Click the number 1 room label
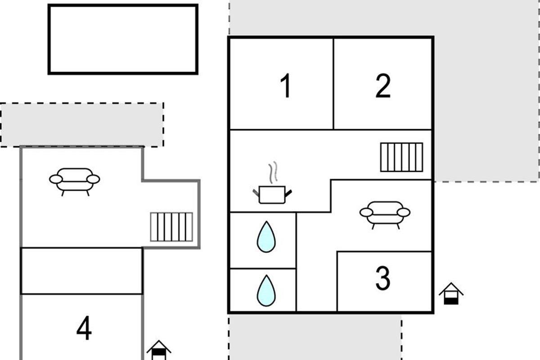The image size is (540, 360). (286, 85)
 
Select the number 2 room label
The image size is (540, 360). (383, 85)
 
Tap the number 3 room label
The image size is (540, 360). (383, 278)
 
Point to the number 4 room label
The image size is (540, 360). (84, 328)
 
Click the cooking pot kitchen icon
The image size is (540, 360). (272, 194)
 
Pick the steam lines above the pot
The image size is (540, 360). (273, 172)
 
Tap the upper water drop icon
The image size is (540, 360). (266, 237)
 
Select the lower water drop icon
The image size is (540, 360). (266, 291)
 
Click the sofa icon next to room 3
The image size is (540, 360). (385, 215)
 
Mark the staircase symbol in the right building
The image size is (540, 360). (401, 157)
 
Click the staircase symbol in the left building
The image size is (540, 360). (171, 227)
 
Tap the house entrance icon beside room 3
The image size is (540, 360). (451, 293)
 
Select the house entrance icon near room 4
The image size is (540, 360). (159, 350)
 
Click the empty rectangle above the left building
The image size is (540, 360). (123, 39)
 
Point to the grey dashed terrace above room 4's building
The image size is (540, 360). (82, 125)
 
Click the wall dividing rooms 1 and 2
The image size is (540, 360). (333, 83)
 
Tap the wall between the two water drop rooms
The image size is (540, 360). (263, 268)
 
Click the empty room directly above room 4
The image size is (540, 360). (82, 271)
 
